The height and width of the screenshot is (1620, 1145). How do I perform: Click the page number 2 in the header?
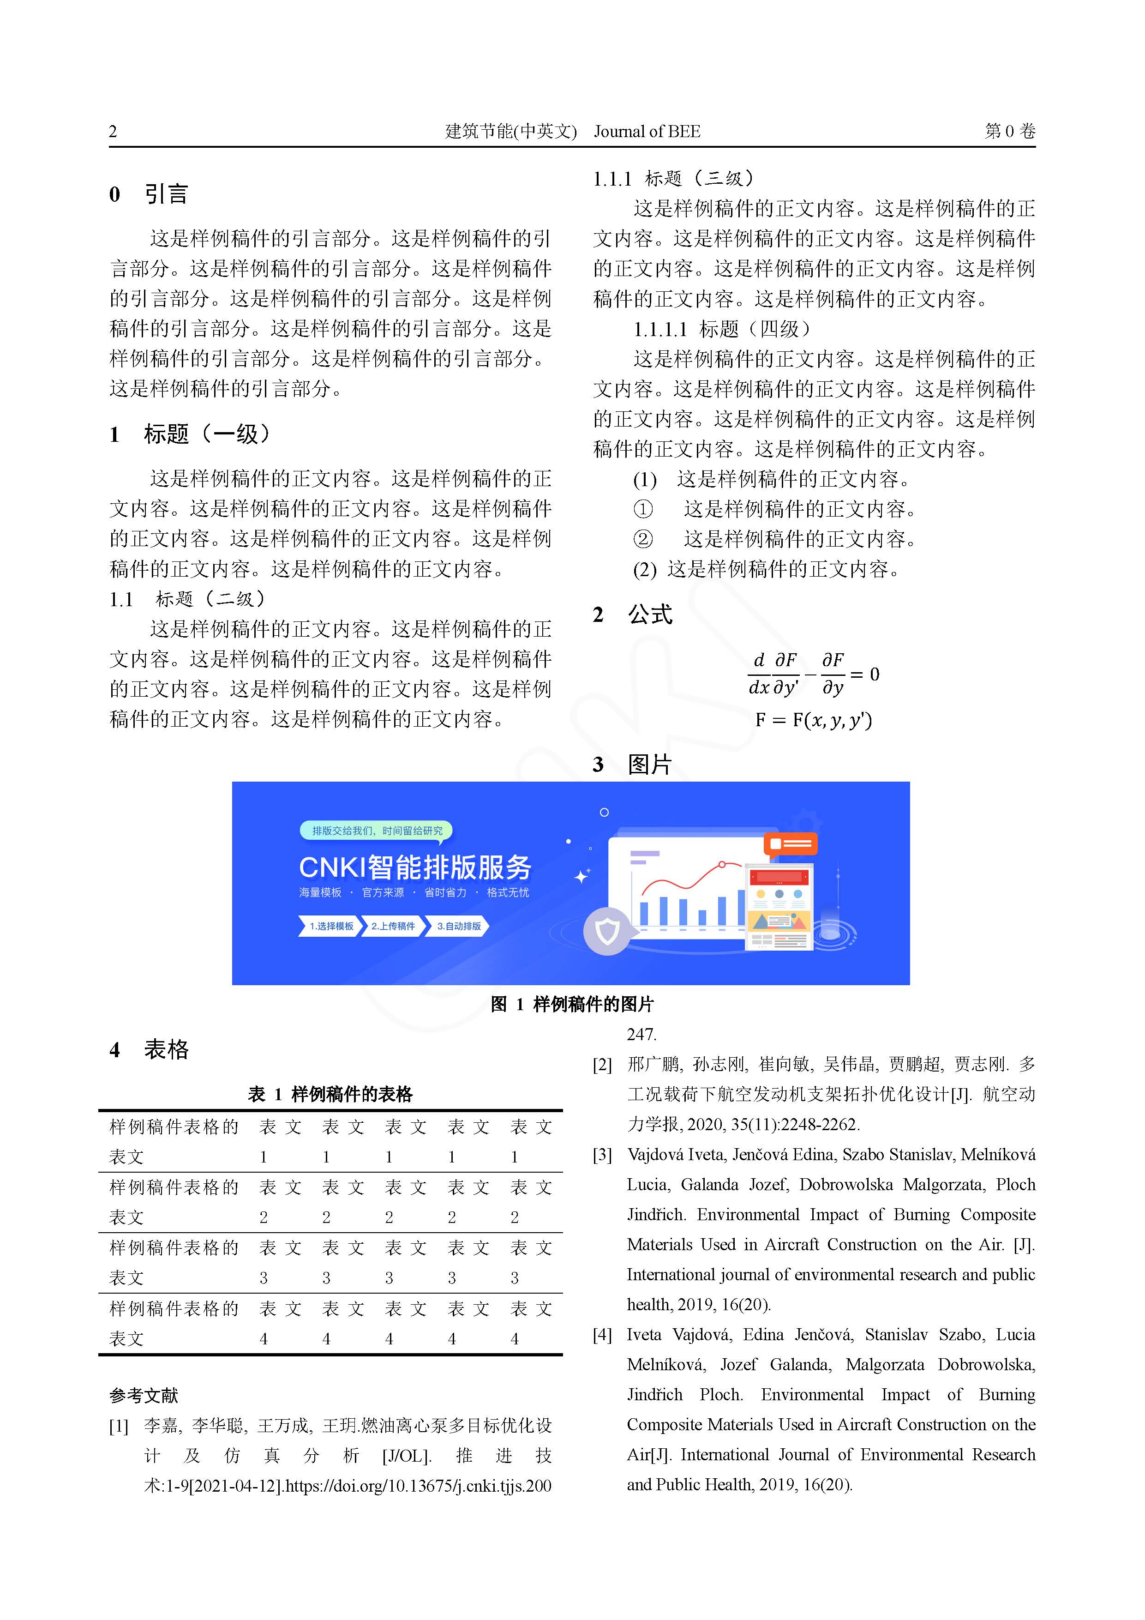click(113, 131)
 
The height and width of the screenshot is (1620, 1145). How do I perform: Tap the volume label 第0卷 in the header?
click(1009, 131)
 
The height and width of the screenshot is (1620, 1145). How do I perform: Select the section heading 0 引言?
click(149, 194)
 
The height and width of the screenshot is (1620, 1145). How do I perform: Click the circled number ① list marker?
click(643, 509)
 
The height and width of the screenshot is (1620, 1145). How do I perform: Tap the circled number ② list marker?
click(643, 539)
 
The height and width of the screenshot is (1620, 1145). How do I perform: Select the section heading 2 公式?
click(632, 614)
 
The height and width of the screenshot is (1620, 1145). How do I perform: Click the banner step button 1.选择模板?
click(330, 926)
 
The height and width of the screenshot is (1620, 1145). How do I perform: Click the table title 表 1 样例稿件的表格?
click(330, 1094)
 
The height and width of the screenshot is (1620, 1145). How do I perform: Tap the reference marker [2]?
click(602, 1065)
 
